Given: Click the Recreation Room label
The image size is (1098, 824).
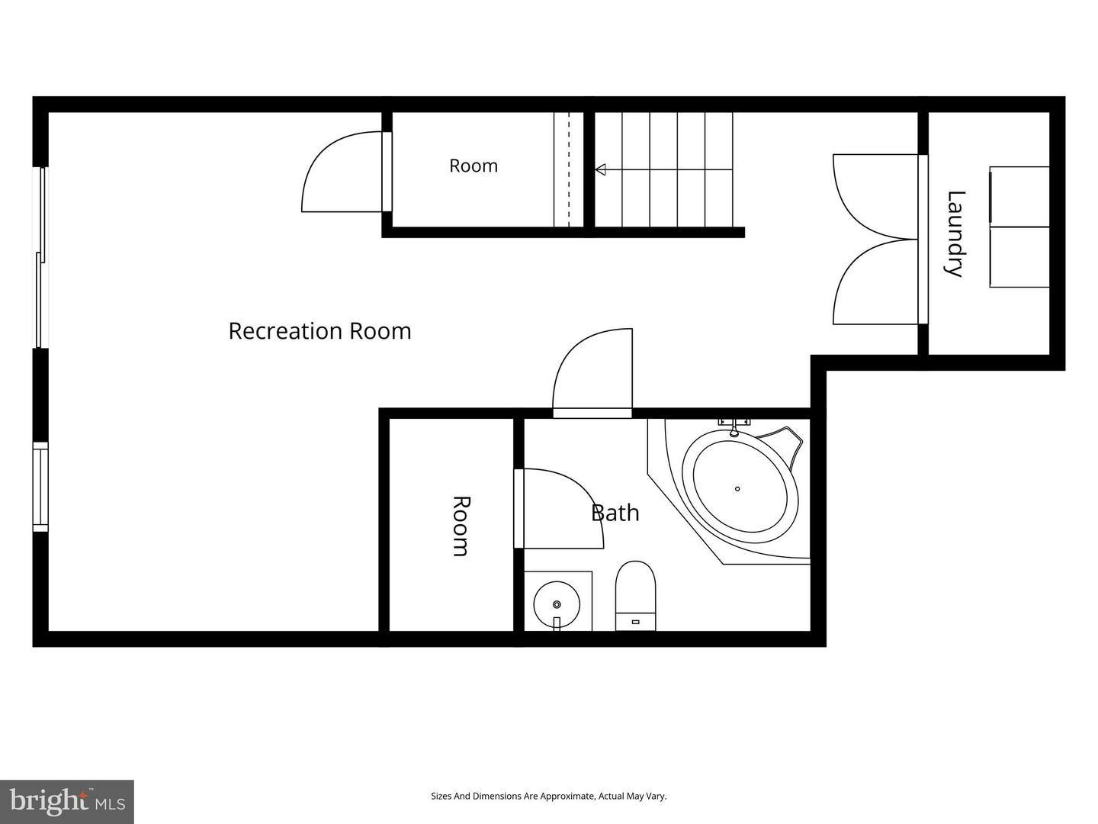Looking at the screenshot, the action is [319, 331].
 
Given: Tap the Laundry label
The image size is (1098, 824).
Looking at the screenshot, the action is [955, 233].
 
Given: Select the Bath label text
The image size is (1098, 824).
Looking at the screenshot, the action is [615, 513].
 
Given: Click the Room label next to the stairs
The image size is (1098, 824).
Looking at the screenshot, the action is [474, 166].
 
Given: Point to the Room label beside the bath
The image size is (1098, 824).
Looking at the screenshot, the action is [461, 526].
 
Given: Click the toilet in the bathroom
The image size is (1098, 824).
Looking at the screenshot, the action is [635, 595].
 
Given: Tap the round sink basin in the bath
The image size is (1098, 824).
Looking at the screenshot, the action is [557, 604].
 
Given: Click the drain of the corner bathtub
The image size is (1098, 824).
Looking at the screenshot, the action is [737, 489].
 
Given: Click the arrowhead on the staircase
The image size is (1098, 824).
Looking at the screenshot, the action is [600, 169].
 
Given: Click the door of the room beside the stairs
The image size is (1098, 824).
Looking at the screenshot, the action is [346, 172].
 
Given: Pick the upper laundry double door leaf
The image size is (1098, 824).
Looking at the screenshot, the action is [875, 197].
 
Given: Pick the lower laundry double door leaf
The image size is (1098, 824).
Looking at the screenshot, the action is [875, 282].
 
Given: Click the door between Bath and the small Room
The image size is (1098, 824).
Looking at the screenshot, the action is [559, 508].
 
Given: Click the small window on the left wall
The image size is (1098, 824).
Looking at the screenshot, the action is [40, 487].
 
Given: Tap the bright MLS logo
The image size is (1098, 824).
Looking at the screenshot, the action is [66, 802].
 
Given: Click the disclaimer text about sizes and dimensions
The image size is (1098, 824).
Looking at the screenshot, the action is [549, 796].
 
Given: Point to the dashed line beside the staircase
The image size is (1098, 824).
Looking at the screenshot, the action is [569, 169].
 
